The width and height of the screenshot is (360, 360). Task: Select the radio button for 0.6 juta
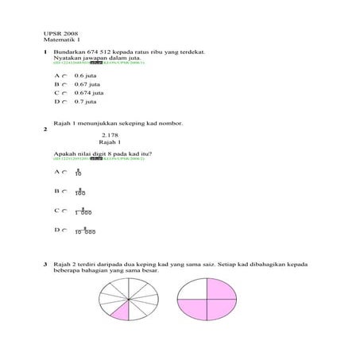pyautogui.click(x=64, y=75)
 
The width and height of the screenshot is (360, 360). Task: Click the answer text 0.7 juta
pyautogui.click(x=85, y=102)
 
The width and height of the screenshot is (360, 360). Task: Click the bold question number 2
pyautogui.click(x=45, y=129)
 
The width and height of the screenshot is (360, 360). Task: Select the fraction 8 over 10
pyautogui.click(x=78, y=172)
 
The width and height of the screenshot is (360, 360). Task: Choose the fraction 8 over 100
pyautogui.click(x=79, y=192)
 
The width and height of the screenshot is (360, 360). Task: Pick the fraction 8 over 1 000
pyautogui.click(x=83, y=211)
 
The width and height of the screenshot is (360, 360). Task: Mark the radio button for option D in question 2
pyautogui.click(x=64, y=230)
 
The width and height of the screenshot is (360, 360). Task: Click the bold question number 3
pyautogui.click(x=45, y=262)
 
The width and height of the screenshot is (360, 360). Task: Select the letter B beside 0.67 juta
pyautogui.click(x=56, y=84)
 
